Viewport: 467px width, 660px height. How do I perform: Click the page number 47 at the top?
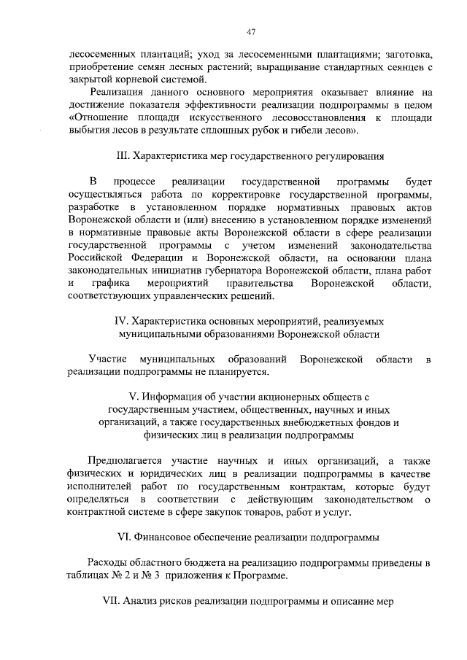251,32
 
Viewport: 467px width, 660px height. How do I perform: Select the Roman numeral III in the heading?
123,156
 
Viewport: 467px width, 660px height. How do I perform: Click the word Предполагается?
125,461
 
